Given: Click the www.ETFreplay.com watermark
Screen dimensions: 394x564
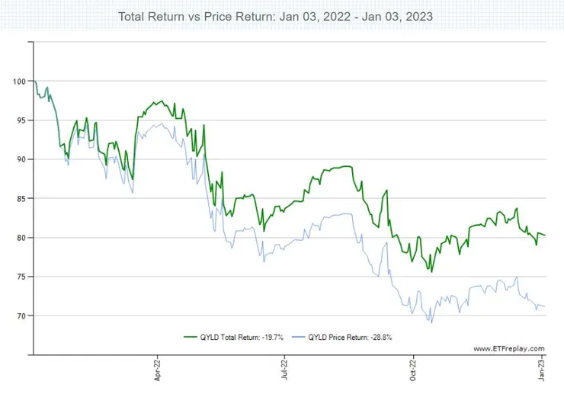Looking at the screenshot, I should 509,348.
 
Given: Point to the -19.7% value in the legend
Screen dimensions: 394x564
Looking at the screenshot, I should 272,337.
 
